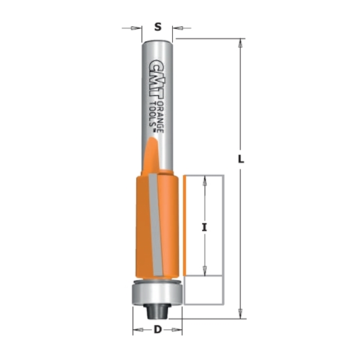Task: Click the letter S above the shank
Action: [x=158, y=27]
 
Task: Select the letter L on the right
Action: [x=242, y=159]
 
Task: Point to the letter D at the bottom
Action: [x=158, y=330]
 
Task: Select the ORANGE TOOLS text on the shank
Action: [x=157, y=111]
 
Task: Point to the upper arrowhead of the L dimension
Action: [x=242, y=44]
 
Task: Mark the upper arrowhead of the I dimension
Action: [x=205, y=181]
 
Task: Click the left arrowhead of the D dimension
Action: [x=137, y=330]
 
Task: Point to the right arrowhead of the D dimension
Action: [x=177, y=330]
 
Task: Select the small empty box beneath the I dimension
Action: [x=204, y=290]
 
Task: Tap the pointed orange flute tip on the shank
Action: [x=151, y=154]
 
